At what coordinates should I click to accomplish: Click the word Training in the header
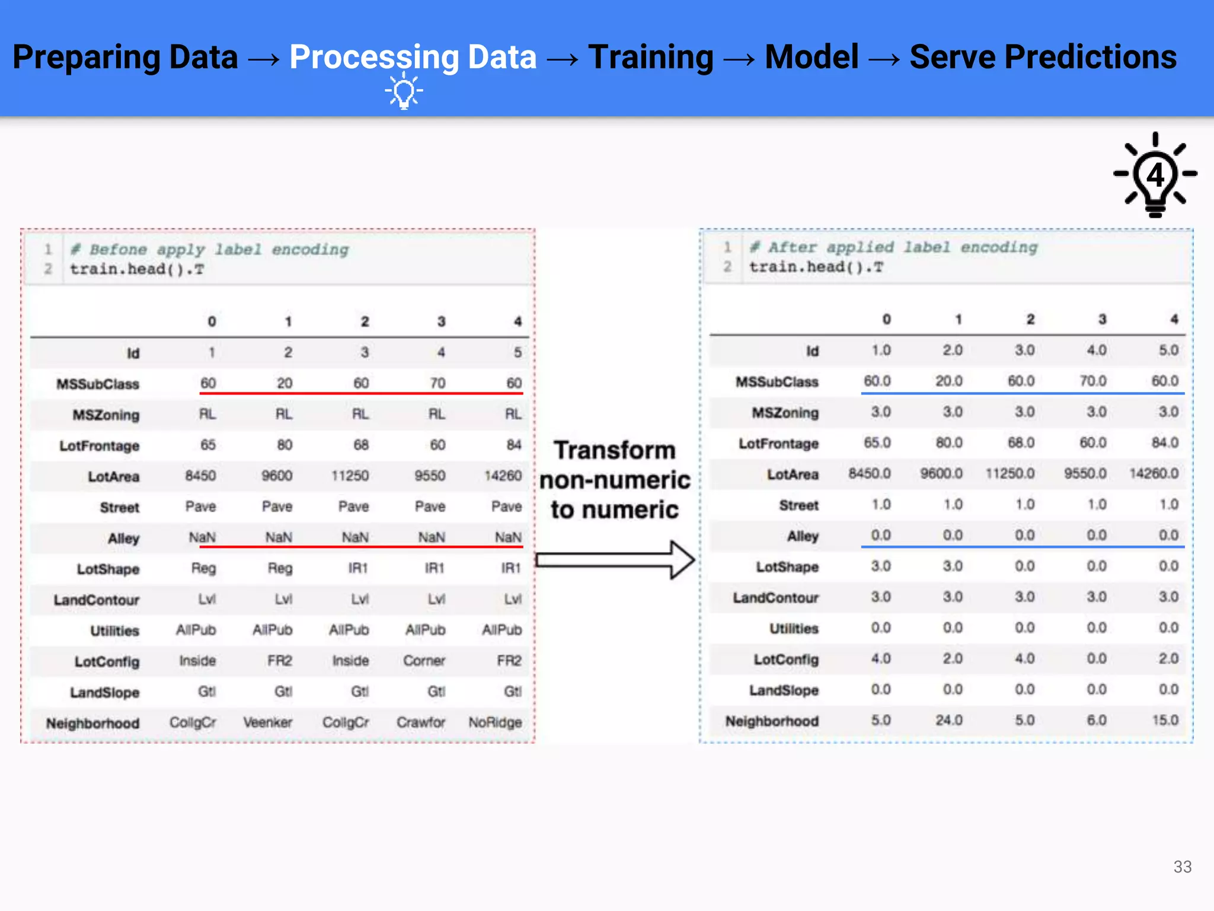[x=650, y=58]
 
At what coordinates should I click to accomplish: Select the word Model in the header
[x=811, y=58]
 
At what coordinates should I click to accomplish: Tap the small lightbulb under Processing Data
[x=404, y=91]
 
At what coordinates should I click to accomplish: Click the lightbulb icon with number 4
[x=1155, y=176]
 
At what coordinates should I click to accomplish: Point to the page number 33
[x=1182, y=867]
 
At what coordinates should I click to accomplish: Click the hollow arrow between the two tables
[x=615, y=560]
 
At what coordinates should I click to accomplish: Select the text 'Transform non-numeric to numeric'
[x=615, y=480]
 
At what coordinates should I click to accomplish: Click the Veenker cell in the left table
[x=267, y=722]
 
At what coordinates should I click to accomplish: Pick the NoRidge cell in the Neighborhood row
[x=495, y=722]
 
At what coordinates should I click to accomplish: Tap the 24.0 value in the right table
[x=948, y=720]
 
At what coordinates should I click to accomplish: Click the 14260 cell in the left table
[x=503, y=476]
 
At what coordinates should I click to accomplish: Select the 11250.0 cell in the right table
[x=1010, y=473]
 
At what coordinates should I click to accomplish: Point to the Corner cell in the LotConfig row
[x=424, y=661]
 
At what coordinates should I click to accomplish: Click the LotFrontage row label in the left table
[x=99, y=446]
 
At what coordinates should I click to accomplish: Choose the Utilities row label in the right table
[x=794, y=629]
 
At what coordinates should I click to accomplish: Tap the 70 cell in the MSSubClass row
[x=437, y=383]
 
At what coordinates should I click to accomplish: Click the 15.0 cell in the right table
[x=1165, y=720]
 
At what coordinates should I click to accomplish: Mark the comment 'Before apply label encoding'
[x=209, y=250]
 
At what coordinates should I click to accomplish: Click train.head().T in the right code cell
[x=816, y=267]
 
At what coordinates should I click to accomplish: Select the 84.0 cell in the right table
[x=1165, y=442]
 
